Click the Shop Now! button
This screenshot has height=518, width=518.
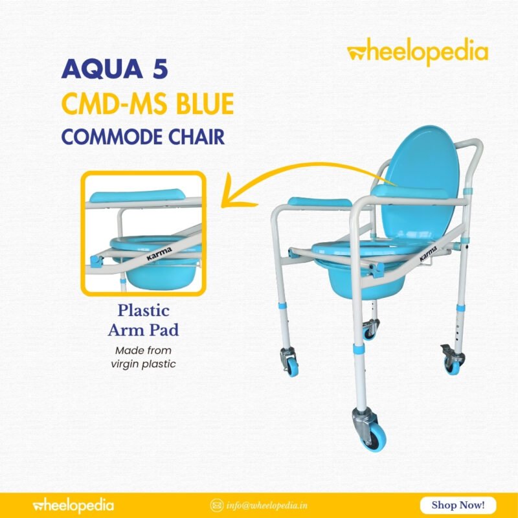[x=458, y=504]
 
